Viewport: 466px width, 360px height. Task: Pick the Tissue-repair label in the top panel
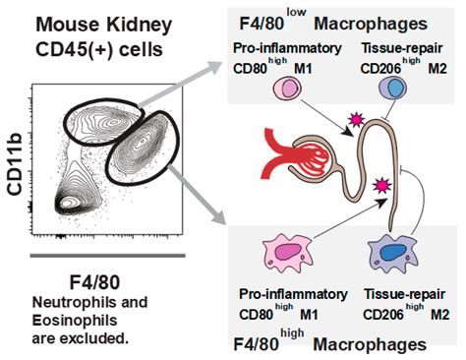pyautogui.click(x=401, y=49)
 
